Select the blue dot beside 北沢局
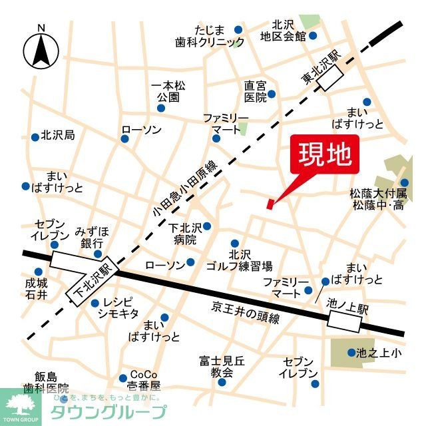(x=35, y=136)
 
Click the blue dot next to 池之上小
(x=351, y=353)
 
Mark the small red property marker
(x=270, y=204)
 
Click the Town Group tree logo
(x=21, y=406)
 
